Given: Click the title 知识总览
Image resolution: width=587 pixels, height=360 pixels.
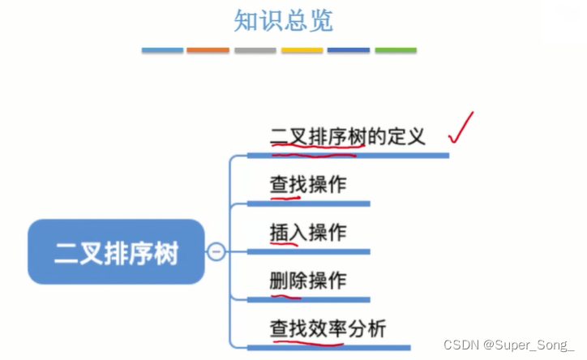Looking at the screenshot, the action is coord(283,20).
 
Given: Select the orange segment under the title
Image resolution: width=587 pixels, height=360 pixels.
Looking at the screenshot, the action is coord(208,50).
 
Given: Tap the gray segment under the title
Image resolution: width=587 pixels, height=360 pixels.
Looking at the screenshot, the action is coord(255,50).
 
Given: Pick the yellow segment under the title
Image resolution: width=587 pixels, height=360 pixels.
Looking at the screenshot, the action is coord(302,50).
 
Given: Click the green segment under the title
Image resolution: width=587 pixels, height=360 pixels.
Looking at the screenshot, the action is coord(396,50).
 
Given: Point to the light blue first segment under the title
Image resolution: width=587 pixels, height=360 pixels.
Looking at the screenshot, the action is coord(162,50).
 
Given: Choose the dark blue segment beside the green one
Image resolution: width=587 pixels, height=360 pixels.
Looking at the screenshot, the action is coord(349,50).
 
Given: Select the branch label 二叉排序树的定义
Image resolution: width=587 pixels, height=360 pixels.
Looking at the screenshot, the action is coord(348,135).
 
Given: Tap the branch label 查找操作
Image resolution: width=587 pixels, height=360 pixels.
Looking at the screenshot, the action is coord(308,184).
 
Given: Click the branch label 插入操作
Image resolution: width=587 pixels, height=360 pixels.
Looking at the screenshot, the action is coord(308,233).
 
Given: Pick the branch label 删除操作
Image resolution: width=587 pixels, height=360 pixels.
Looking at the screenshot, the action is coord(308,281).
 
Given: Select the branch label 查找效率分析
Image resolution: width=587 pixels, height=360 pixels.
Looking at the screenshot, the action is coord(328,328).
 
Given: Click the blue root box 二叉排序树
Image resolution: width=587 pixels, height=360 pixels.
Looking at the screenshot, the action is coord(116,251).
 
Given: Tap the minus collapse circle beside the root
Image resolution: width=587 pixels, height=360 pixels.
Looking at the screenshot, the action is coord(216,251).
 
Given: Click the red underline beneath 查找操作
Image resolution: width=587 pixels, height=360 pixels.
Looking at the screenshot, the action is coord(285,196).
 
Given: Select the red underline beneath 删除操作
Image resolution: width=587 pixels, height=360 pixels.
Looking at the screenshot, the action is coord(285,294).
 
